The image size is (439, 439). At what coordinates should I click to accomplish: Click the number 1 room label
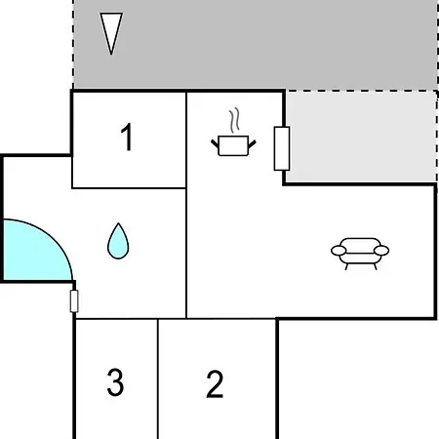[x=126, y=137]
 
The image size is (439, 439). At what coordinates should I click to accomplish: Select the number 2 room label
[x=215, y=384]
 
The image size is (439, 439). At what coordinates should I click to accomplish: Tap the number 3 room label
[x=115, y=382]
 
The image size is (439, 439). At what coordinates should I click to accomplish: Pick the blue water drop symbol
[x=118, y=242]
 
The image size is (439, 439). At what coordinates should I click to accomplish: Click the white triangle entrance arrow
[x=111, y=32]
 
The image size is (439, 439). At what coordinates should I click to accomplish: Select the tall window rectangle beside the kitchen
[x=282, y=148]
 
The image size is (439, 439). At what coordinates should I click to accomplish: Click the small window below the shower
[x=74, y=301]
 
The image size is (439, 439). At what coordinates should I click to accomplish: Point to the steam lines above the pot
[x=234, y=120]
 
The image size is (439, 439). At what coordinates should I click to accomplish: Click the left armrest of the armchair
[x=339, y=251]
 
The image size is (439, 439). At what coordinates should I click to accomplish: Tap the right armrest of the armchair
[x=381, y=251]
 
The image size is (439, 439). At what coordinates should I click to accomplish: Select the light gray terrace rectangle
[x=361, y=137]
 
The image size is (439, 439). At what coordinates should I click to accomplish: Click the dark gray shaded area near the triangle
[x=256, y=45]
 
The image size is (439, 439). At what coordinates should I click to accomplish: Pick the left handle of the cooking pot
[x=215, y=143]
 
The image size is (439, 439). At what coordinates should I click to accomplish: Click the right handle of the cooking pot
[x=252, y=143]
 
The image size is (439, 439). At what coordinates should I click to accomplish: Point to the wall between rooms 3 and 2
[x=158, y=379]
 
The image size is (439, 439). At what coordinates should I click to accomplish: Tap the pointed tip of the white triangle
[x=111, y=54]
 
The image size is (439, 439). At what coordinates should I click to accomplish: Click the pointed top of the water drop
[x=119, y=223]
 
